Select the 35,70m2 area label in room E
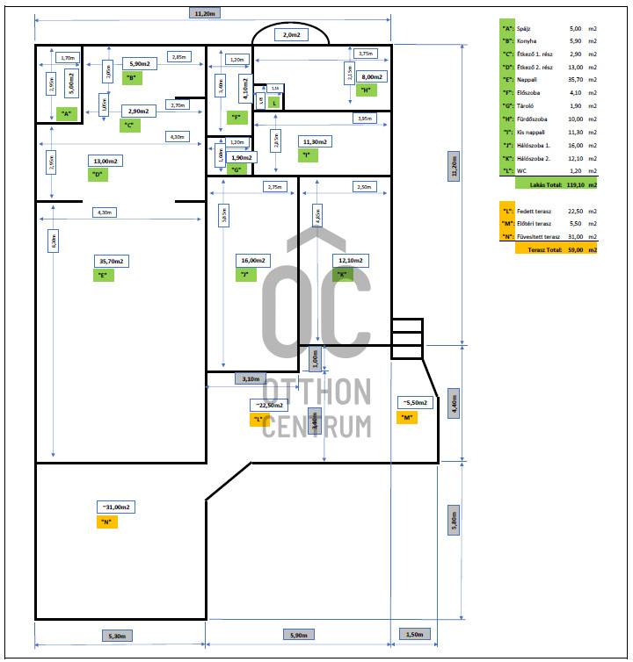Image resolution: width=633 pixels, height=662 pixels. [x=112, y=261]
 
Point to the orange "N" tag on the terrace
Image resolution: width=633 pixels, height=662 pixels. [x=105, y=522]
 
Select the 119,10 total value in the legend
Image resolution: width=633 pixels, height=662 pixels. [x=577, y=185]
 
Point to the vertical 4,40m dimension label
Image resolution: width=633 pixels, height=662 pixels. [x=454, y=403]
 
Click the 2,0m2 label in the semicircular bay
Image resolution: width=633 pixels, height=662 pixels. [x=291, y=34]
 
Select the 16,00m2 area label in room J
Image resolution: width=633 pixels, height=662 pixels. [x=253, y=261]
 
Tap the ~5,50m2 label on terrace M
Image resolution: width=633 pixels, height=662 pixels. [x=414, y=403]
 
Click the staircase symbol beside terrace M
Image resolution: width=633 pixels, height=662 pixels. [x=407, y=337]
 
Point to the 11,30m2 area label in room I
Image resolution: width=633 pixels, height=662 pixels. [x=314, y=141]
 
